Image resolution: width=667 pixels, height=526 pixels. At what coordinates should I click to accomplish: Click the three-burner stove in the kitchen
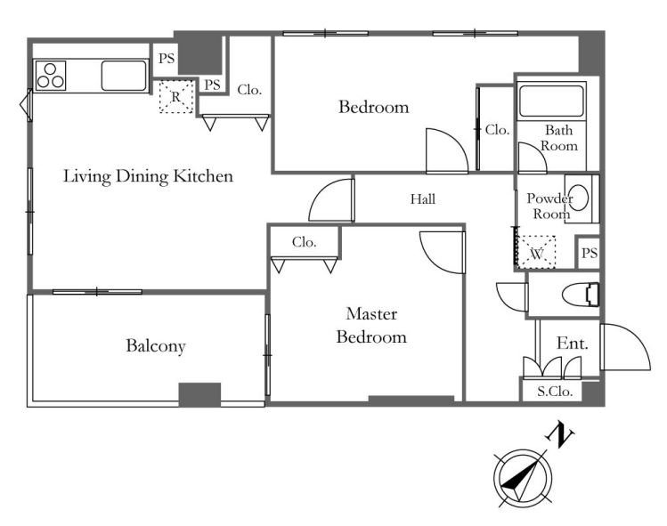click(x=51, y=76)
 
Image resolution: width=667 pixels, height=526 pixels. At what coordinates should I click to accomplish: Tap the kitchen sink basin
click(x=124, y=76)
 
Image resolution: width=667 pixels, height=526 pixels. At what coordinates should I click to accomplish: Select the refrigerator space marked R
click(x=176, y=96)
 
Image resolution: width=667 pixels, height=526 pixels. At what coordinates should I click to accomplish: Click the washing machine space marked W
click(x=536, y=253)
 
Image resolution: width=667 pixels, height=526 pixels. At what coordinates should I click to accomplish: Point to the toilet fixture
click(x=581, y=295)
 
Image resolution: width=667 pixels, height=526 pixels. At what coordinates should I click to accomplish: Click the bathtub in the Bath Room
click(x=551, y=101)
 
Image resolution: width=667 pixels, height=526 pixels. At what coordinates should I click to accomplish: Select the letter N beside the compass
click(x=559, y=434)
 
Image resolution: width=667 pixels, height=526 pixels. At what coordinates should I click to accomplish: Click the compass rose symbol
click(x=523, y=478)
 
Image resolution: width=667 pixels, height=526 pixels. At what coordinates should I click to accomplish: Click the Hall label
click(x=423, y=199)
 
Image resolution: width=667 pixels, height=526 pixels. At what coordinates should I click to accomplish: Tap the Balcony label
click(x=156, y=345)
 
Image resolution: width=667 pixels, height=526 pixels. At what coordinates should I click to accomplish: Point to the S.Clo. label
click(x=554, y=391)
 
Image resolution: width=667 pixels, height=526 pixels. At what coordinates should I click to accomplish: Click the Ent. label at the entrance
click(x=573, y=344)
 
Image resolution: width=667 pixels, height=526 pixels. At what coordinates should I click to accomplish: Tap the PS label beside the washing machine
click(x=590, y=254)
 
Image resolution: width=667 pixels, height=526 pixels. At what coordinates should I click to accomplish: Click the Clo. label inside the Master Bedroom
click(x=305, y=242)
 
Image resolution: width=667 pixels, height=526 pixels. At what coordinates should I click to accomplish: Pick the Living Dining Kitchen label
click(x=148, y=176)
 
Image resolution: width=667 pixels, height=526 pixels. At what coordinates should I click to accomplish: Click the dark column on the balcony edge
click(x=199, y=394)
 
